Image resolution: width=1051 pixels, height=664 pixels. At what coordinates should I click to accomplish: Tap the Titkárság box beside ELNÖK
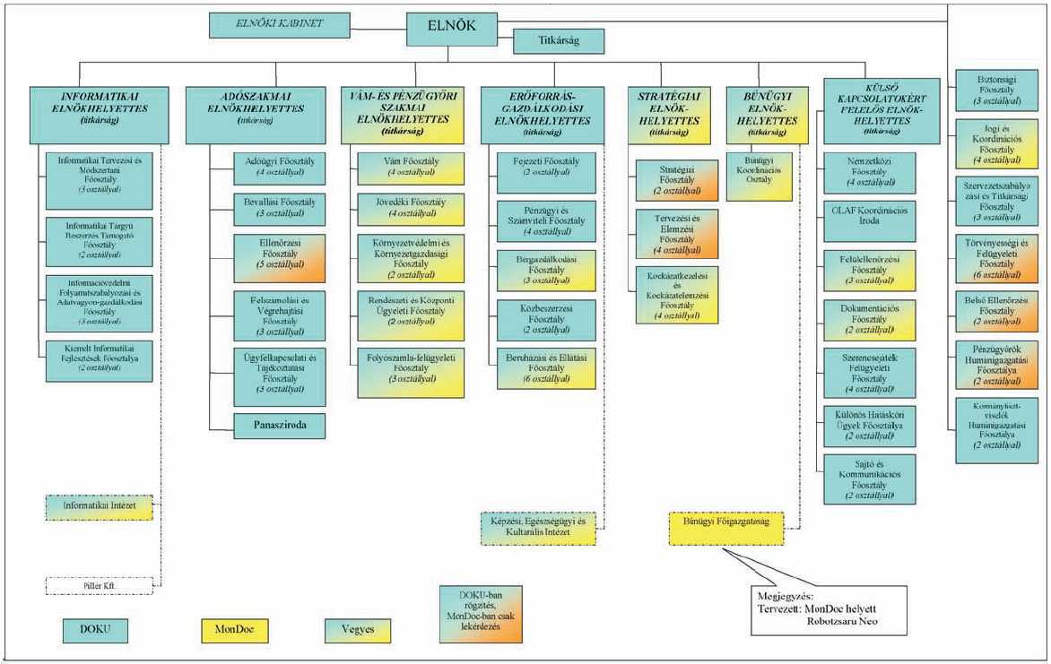tap(558, 41)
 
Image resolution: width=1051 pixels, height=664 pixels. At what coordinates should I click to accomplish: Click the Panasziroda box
tap(279, 425)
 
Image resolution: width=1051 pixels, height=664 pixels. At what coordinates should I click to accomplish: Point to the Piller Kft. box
tap(100, 586)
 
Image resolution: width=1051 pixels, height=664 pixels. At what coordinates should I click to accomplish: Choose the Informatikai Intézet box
tap(100, 508)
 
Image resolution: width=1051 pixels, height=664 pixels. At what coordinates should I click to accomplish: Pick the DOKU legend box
tap(95, 630)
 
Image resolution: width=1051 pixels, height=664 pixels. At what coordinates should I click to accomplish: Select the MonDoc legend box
tap(235, 630)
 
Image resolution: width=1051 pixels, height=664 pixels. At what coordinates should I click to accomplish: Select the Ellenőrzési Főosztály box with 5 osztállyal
tap(279, 257)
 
